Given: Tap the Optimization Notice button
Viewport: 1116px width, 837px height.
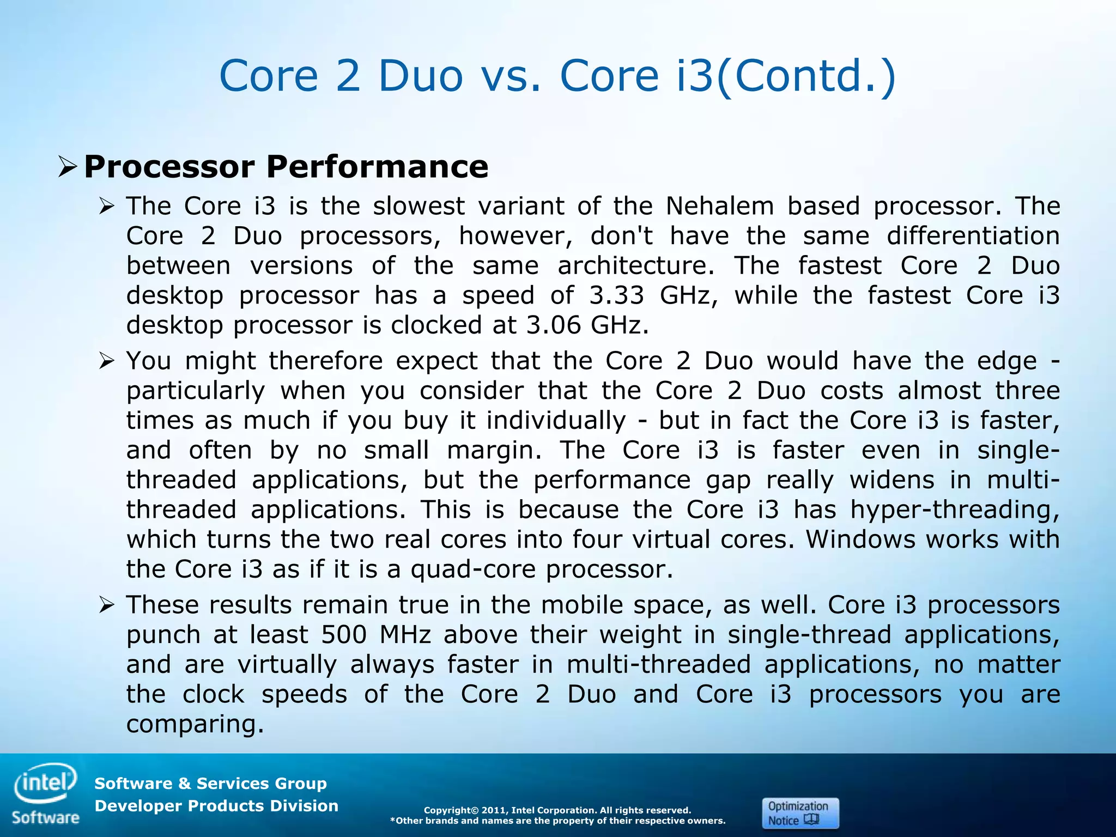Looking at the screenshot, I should (x=800, y=813).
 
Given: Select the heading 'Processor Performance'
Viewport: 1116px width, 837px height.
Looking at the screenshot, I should (x=286, y=167).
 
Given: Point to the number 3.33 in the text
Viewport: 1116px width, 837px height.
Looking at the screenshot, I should (x=617, y=295).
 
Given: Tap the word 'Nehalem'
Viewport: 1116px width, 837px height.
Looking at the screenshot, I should (x=719, y=206).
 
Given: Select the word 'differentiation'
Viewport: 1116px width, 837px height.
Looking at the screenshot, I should (x=973, y=236).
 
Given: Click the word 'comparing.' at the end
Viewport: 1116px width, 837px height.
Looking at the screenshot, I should (x=195, y=724).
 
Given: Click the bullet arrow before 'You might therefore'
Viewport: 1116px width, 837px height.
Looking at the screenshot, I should (x=106, y=361).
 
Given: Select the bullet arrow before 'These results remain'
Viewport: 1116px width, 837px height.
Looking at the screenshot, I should (x=106, y=605).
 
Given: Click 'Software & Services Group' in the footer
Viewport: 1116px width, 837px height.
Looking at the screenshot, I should (x=210, y=783).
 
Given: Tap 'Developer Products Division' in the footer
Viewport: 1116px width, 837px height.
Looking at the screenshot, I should (x=216, y=805).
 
